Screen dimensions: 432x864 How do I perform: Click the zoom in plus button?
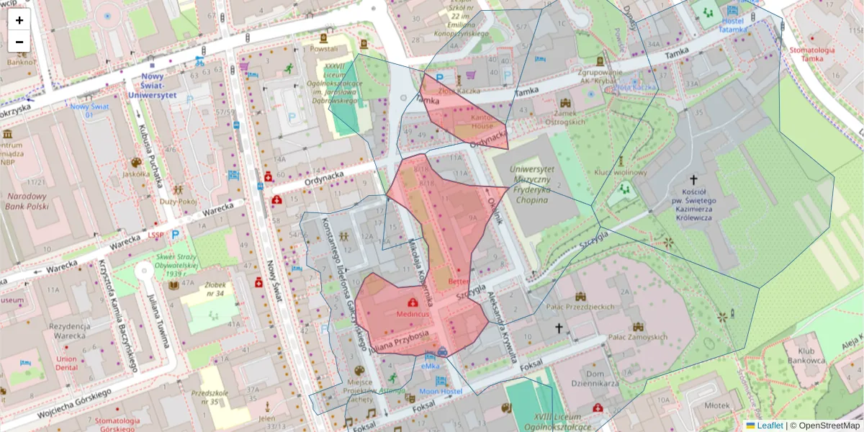point(19,20)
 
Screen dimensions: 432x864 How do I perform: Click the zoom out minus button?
point(19,42)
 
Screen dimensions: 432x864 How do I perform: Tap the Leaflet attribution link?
point(770,426)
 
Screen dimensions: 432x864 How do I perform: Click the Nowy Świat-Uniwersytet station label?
point(153,85)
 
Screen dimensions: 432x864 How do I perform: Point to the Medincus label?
point(413,314)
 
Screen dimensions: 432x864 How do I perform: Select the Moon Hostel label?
point(441,391)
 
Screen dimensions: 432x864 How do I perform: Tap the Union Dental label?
point(66,364)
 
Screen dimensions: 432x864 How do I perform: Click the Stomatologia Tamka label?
point(811,55)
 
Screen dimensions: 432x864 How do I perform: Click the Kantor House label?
point(482,121)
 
